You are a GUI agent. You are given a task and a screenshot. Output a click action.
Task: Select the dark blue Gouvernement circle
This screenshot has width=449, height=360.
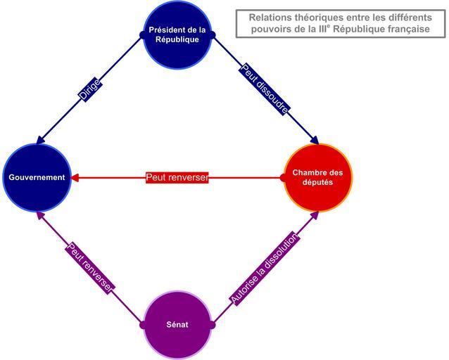tap(37, 177)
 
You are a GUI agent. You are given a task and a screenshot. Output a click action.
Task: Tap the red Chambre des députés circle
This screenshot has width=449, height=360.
tap(317, 177)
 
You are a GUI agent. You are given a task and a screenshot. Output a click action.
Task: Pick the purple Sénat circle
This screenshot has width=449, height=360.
tap(177, 325)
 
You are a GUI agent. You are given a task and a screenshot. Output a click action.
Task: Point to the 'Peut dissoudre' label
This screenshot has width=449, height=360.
tap(265, 89)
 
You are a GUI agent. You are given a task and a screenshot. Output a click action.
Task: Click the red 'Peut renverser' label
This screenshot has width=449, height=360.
tap(177, 177)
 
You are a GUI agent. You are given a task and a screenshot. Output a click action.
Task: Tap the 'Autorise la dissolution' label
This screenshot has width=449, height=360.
tap(265, 269)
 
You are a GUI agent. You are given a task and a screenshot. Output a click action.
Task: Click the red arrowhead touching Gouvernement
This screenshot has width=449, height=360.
tap(76, 177)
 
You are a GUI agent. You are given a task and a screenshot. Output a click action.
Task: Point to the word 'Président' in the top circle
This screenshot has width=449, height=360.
tap(167, 30)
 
